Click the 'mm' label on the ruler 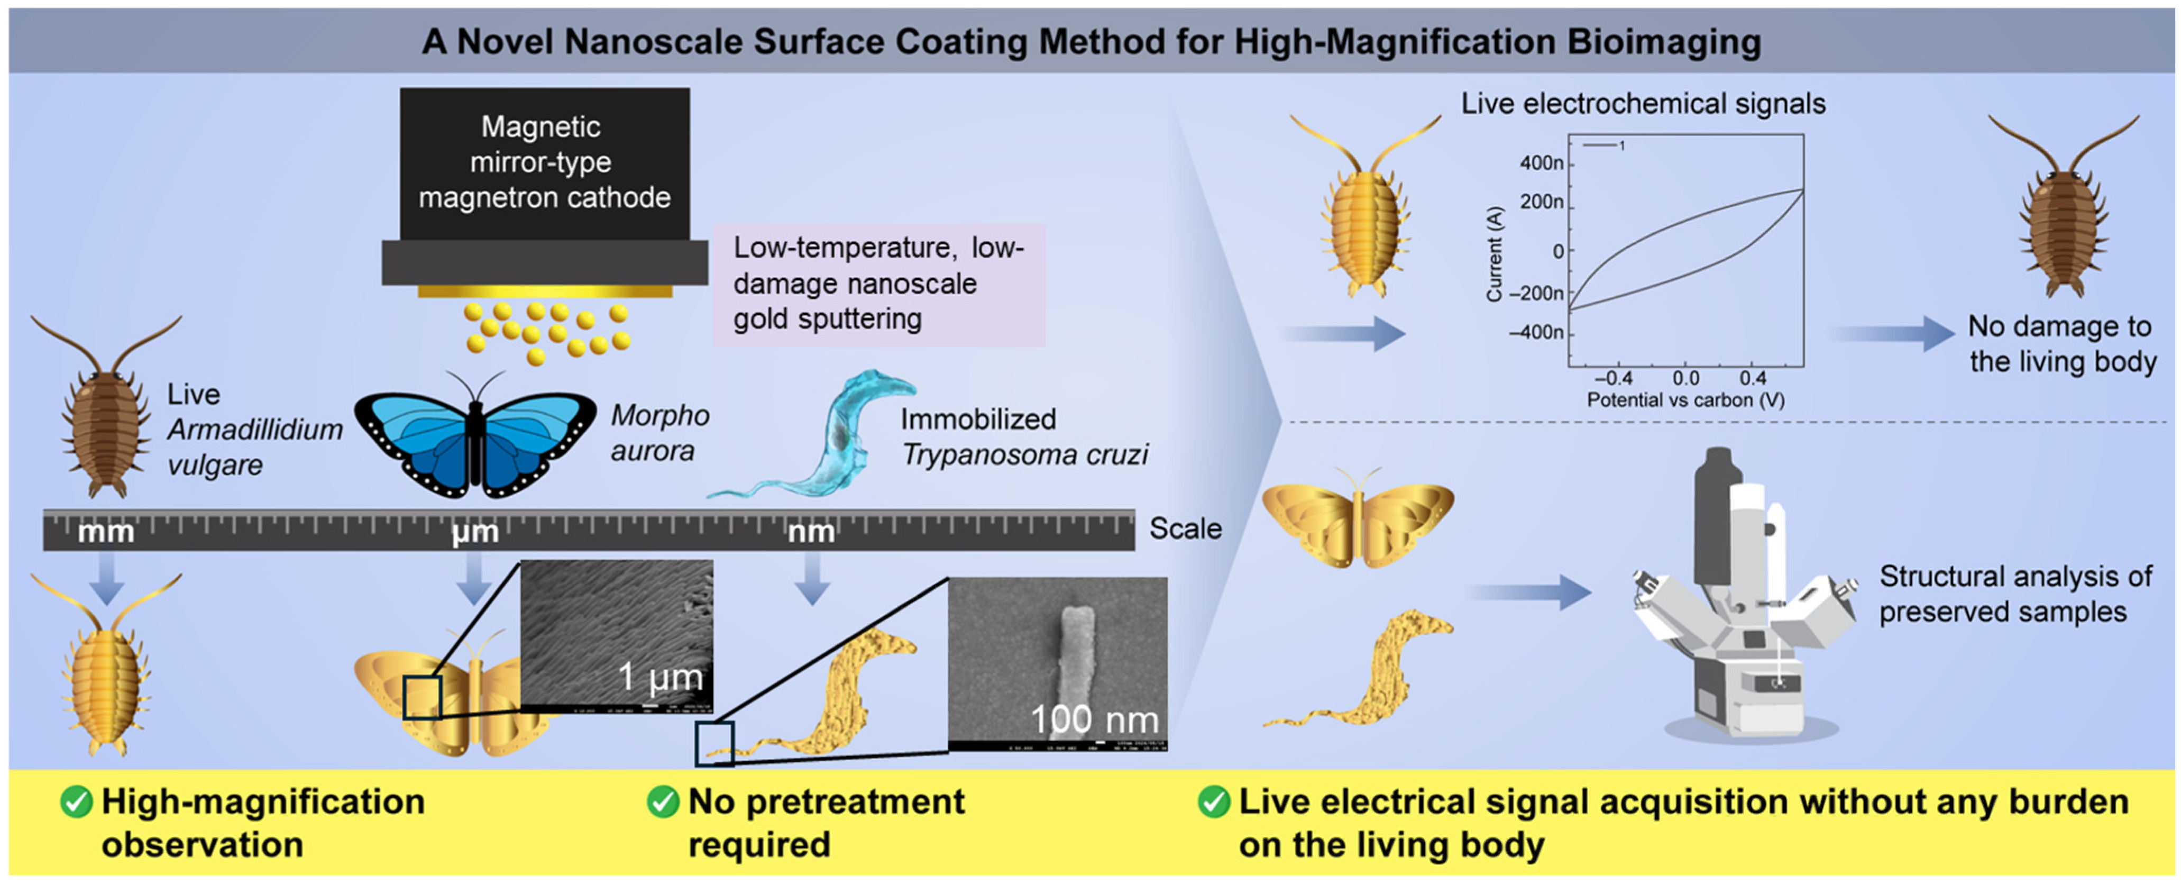tap(106, 532)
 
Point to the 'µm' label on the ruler tap(475, 532)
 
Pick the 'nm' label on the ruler tap(811, 532)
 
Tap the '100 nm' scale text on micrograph tap(1094, 719)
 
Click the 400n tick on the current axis tap(1541, 162)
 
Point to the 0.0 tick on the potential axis tap(1685, 378)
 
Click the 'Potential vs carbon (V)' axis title tap(1685, 399)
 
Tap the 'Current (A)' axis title tap(1495, 254)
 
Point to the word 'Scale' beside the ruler tap(1185, 528)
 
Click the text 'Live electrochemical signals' tap(1643, 103)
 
